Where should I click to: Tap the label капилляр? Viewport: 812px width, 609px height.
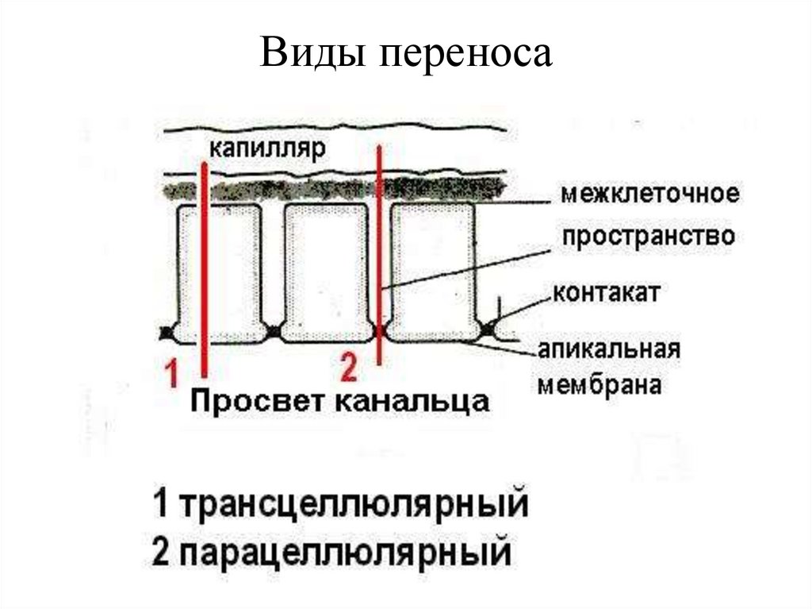pyautogui.click(x=268, y=150)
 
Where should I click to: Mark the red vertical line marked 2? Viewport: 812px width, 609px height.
pyautogui.click(x=380, y=254)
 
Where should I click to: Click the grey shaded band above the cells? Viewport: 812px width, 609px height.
pyautogui.click(x=333, y=190)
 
